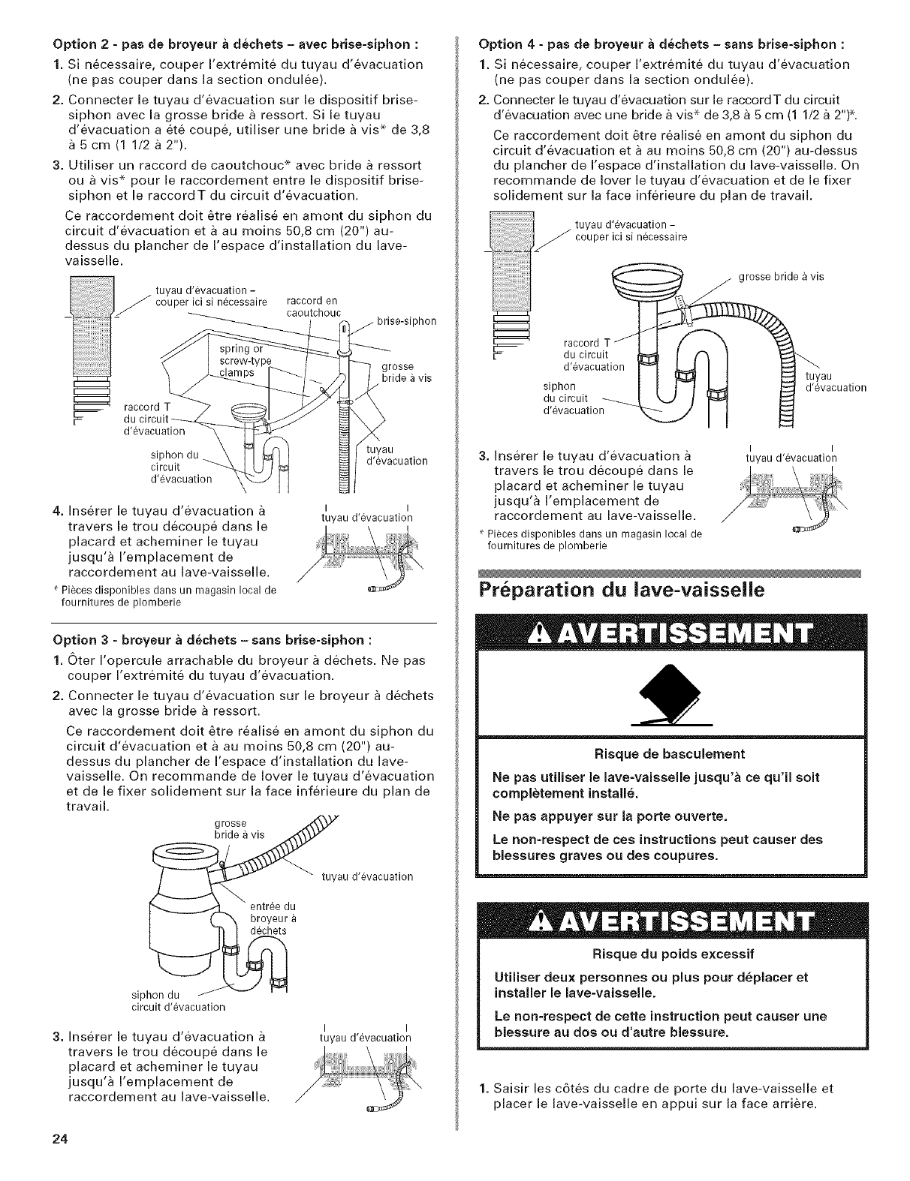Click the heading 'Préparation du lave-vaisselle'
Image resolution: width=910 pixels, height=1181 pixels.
pyautogui.click(x=621, y=589)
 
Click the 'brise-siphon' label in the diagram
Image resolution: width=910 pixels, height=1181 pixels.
pyautogui.click(x=406, y=321)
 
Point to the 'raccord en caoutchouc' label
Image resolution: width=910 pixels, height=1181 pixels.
pyautogui.click(x=314, y=307)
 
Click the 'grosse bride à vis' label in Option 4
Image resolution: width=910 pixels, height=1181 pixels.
pyautogui.click(x=781, y=276)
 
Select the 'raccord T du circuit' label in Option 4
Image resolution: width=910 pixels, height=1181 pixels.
pyautogui.click(x=594, y=354)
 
